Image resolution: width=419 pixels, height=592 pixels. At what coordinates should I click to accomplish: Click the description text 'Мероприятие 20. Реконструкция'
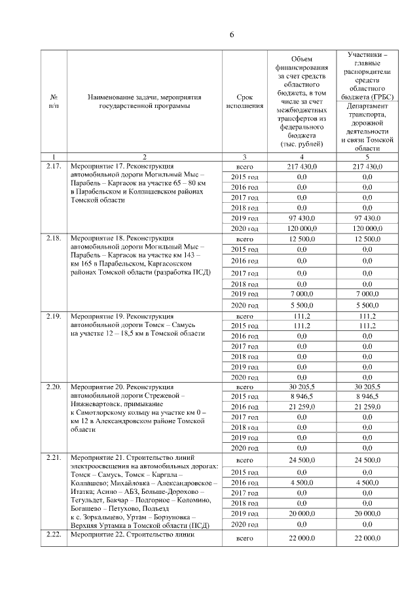(122, 387)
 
